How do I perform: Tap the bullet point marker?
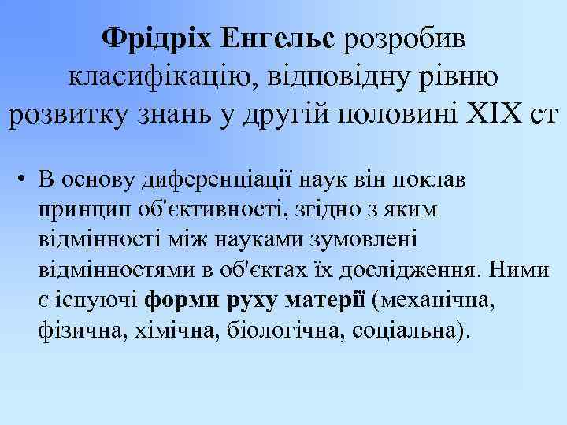[x=19, y=179]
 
